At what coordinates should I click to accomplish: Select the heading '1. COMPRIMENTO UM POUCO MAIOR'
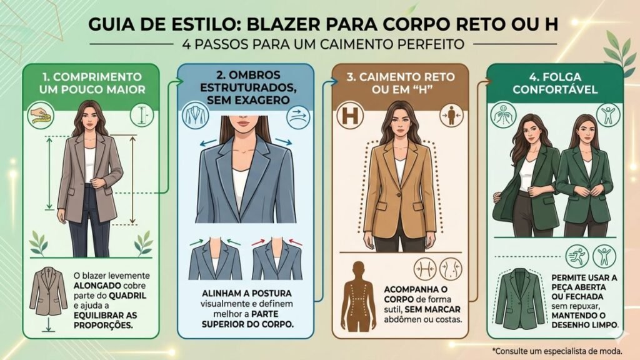(92, 83)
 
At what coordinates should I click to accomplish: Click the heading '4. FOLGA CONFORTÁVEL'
(555, 83)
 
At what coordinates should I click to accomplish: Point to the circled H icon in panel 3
(350, 116)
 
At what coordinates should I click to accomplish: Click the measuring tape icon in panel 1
(41, 116)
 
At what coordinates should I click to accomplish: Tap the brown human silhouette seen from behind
(358, 296)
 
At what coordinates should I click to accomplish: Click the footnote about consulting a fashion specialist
(557, 351)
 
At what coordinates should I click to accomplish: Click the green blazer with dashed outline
(521, 299)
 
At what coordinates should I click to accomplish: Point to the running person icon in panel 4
(577, 256)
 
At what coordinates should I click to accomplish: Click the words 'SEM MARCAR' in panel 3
(432, 309)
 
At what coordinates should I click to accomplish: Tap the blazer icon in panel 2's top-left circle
(195, 116)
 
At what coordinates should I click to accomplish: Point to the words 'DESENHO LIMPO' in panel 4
(584, 325)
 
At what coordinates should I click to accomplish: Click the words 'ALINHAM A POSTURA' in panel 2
(246, 294)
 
